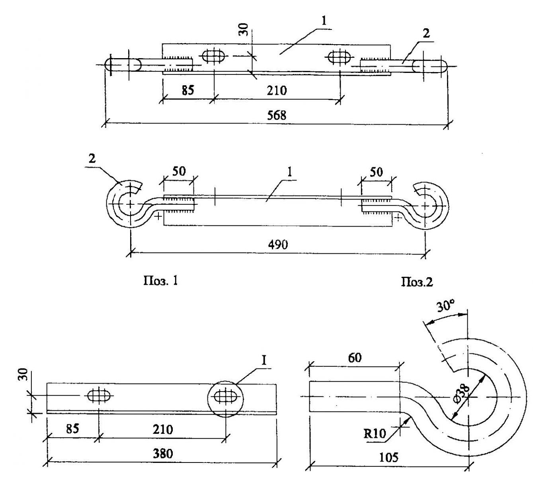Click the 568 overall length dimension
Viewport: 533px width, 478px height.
pos(276,115)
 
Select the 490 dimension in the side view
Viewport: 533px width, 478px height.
pos(277,244)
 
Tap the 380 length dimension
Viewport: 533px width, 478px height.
pos(163,454)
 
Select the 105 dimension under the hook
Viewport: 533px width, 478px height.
pos(388,457)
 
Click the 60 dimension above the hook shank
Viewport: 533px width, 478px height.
pos(355,358)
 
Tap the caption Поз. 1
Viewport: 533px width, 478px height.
pos(160,281)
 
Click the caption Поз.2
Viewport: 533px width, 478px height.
pos(417,282)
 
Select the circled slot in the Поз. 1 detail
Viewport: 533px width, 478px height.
pos(226,396)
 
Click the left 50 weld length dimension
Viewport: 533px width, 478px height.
pos(179,171)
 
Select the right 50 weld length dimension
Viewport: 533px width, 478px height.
pos(376,172)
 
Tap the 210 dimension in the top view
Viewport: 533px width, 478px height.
pos(277,90)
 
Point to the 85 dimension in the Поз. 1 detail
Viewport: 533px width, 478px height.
pos(73,429)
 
